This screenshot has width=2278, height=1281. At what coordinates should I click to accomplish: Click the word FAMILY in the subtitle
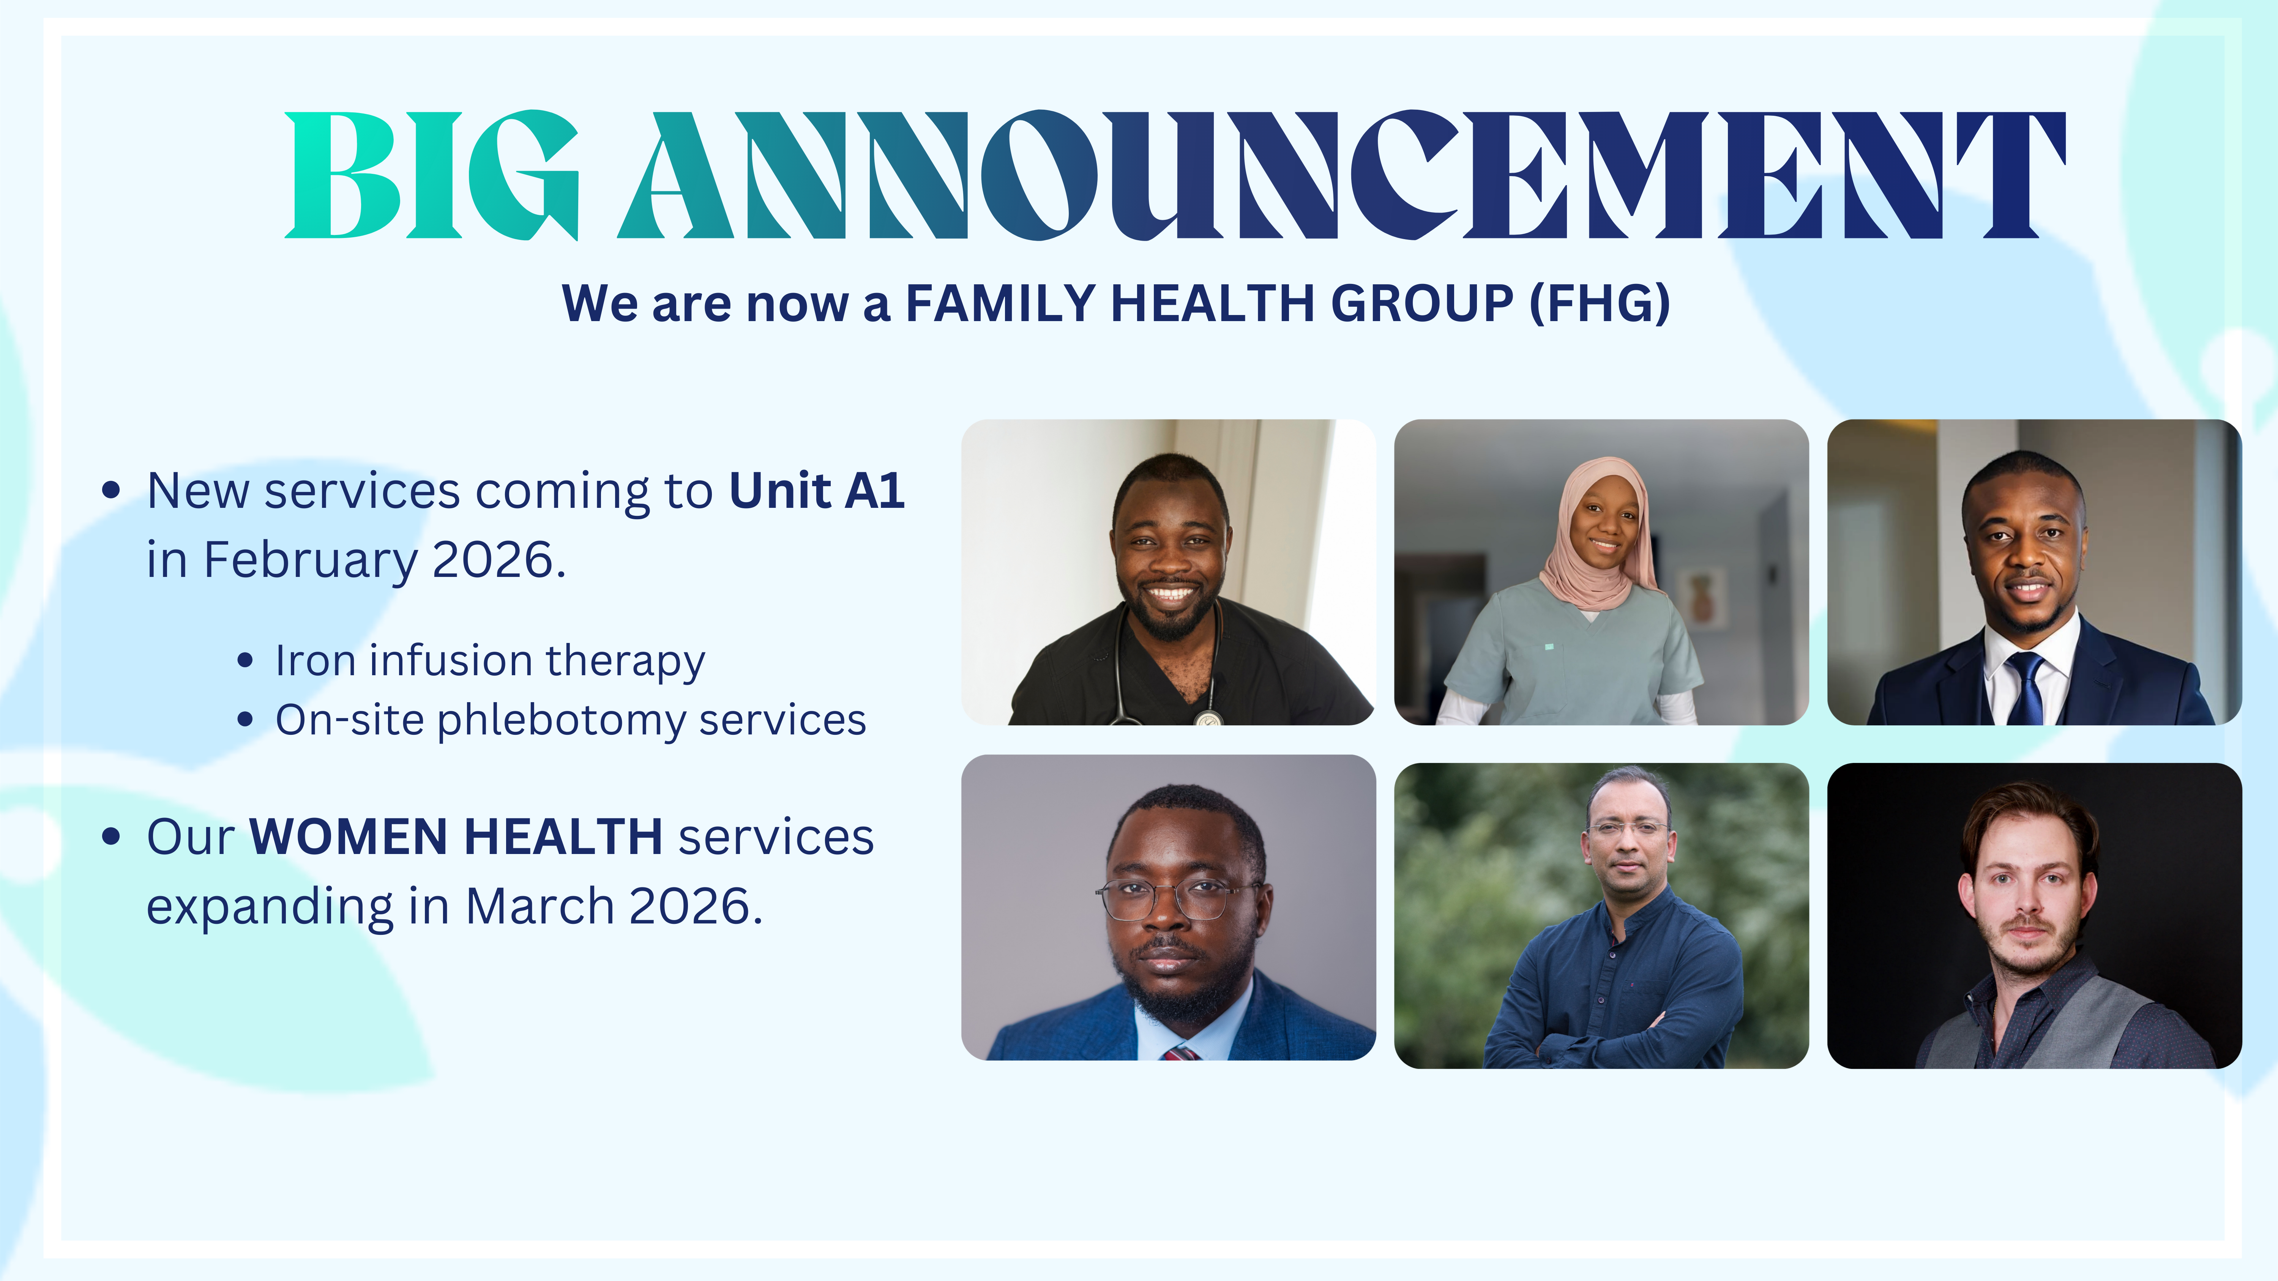[x=1000, y=303]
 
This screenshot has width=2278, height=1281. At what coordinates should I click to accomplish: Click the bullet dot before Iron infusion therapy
[x=246, y=660]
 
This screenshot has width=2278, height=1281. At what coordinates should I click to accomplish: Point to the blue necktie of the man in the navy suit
[x=2024, y=690]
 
